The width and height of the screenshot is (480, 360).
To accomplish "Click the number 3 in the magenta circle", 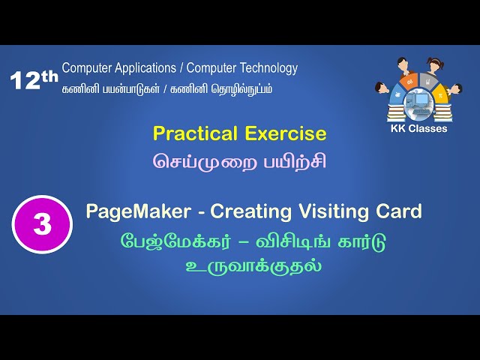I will tap(42, 223).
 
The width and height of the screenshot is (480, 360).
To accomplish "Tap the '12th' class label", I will tap(34, 80).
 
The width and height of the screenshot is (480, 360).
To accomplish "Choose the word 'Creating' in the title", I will tap(245, 212).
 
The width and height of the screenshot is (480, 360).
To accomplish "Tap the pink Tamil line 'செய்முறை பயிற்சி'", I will tap(240, 161).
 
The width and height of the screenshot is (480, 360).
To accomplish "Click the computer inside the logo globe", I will tap(418, 100).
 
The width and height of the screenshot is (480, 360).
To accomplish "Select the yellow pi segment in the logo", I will tap(439, 95).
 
